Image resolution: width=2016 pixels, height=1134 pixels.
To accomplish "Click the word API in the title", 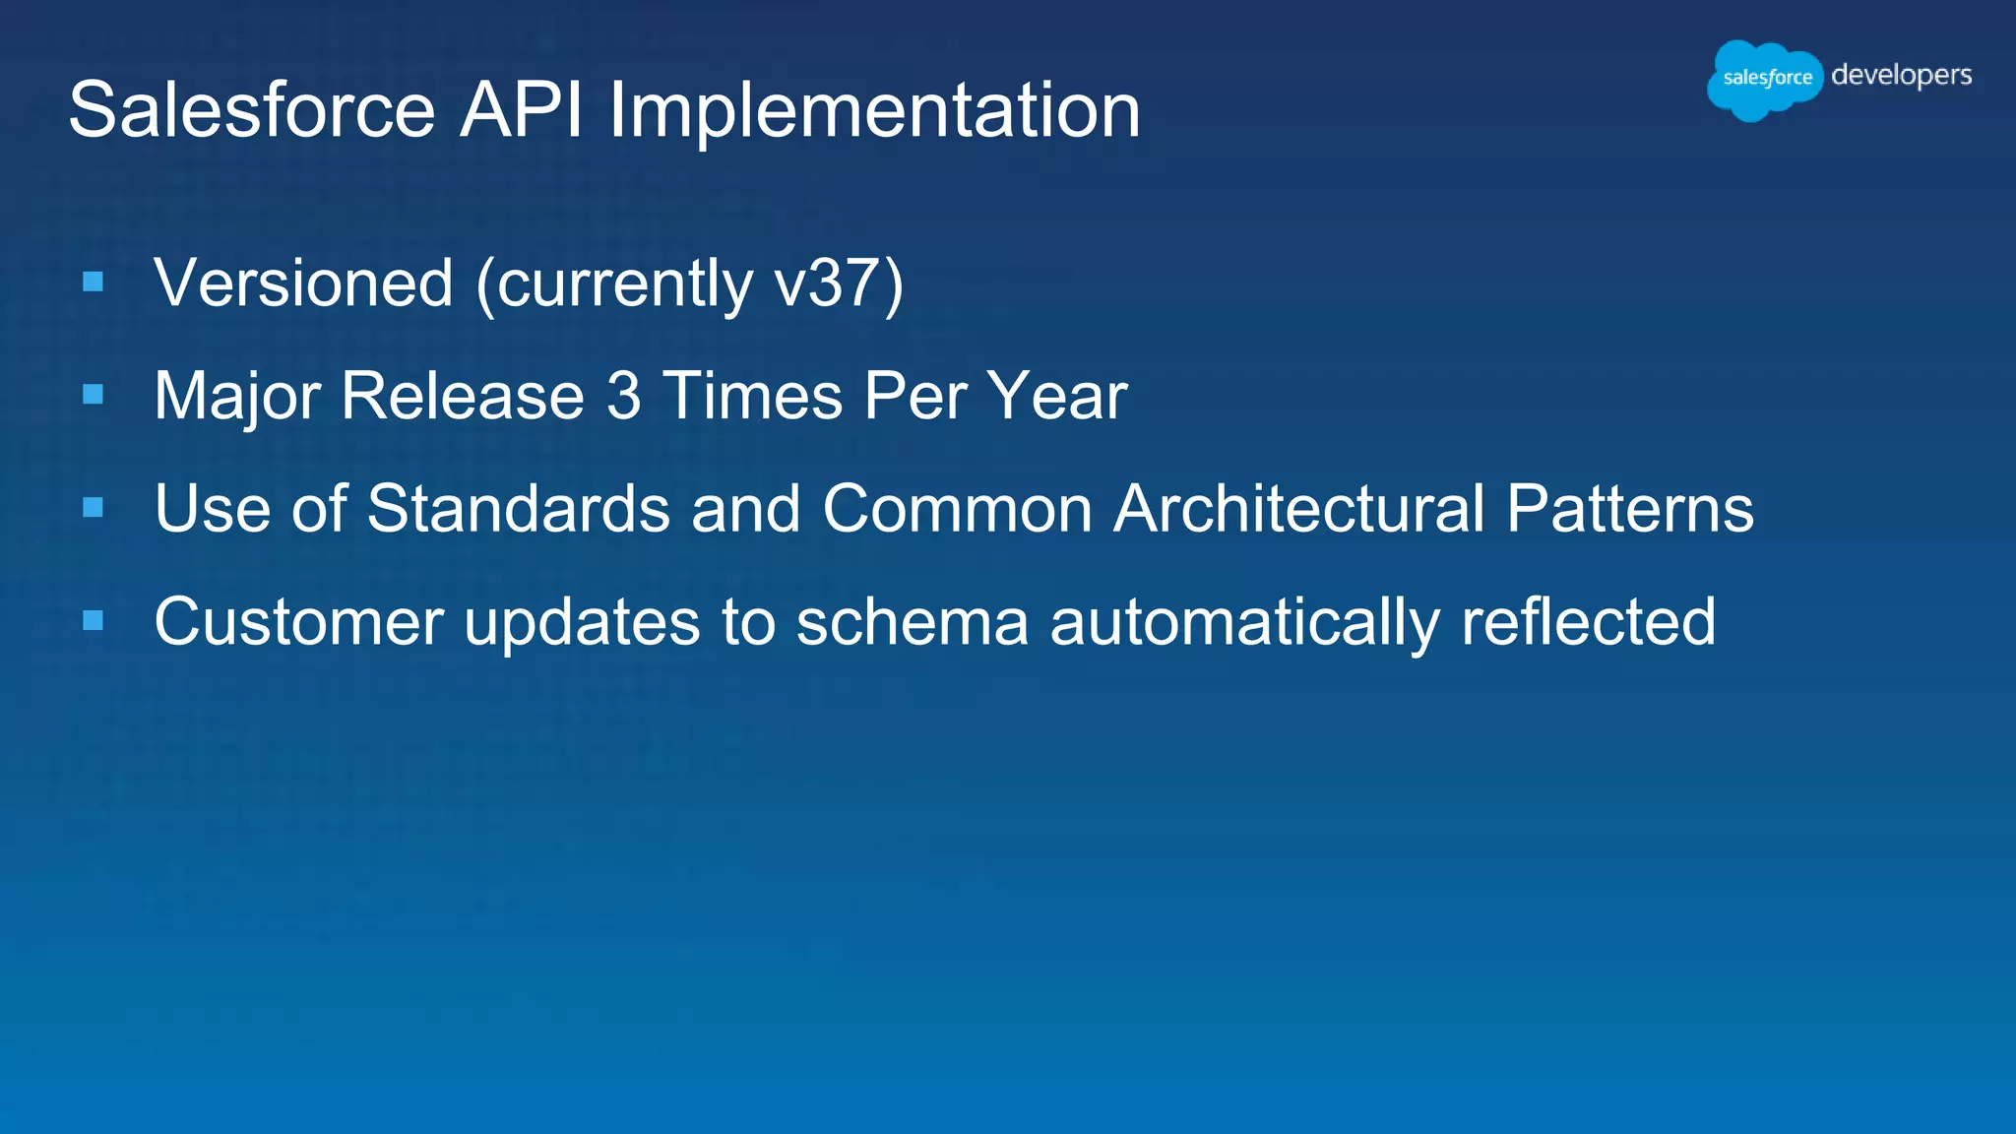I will (521, 109).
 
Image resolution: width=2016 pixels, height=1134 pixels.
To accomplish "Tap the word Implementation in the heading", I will (874, 109).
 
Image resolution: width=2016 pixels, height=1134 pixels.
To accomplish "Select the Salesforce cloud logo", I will (1764, 79).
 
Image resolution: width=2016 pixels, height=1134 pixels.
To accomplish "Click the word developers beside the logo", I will (1901, 76).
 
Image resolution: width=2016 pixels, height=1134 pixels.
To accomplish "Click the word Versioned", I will (303, 283).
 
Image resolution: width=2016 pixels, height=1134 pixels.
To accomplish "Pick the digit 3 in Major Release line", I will (623, 396).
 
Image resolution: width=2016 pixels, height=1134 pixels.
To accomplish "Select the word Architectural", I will (1298, 509).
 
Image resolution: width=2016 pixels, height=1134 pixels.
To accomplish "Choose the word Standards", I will (518, 509).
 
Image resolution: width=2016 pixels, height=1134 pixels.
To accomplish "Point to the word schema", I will (912, 622).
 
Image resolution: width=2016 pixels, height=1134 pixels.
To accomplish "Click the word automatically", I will (1244, 622).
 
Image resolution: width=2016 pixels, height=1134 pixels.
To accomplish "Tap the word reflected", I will (1588, 622).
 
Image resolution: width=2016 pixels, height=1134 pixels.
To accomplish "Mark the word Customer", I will (299, 622).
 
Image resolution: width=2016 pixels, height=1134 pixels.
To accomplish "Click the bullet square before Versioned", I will (94, 283).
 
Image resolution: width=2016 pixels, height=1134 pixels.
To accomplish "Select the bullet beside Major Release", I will (94, 395).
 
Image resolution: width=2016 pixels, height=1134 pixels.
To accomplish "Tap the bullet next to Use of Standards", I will (94, 508).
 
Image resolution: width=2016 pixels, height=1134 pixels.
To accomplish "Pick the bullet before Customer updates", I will (94, 620).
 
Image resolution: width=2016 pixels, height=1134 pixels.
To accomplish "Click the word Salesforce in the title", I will (252, 109).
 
